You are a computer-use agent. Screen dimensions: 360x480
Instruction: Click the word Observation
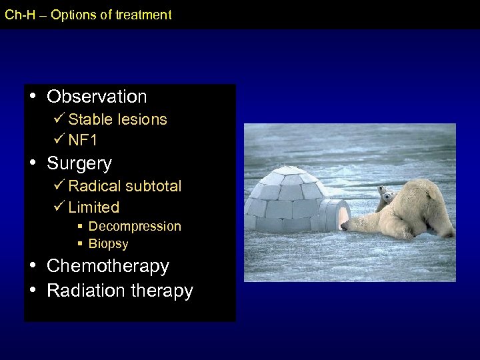point(97,97)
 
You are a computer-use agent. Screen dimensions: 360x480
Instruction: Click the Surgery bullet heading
point(79,164)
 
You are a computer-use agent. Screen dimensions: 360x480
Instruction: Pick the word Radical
point(93,186)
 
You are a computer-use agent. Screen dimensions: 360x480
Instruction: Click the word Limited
point(94,207)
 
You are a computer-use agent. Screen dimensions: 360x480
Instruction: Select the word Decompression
point(135,227)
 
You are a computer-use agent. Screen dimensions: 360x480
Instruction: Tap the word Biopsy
point(108,244)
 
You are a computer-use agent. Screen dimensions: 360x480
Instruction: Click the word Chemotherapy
point(108,266)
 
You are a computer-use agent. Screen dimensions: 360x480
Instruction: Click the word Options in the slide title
point(72,15)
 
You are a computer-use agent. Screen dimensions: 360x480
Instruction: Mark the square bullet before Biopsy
point(80,244)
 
